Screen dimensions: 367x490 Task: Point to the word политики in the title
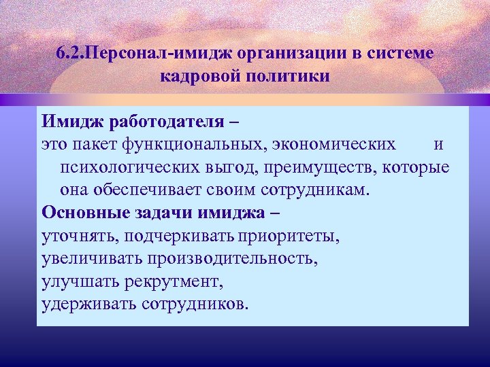(289, 74)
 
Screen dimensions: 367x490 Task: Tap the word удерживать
(80, 303)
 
